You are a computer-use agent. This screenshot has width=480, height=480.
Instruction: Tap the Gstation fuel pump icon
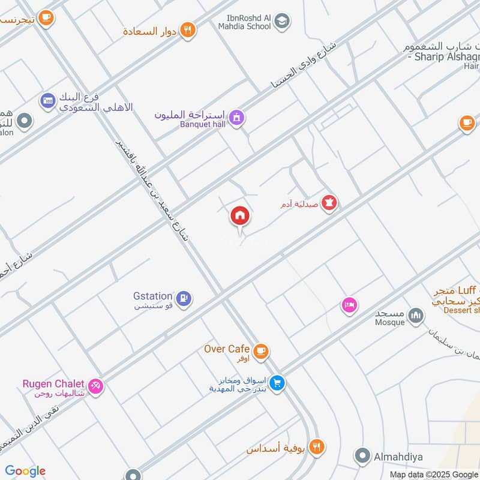pos(184,297)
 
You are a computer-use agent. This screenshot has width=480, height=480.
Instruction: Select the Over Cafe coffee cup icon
pos(260,352)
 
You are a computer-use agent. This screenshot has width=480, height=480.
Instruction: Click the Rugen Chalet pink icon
pos(95,385)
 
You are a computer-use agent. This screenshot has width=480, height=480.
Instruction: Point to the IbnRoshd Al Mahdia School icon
pos(280,22)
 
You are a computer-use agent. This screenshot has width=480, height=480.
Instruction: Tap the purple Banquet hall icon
pos(238,118)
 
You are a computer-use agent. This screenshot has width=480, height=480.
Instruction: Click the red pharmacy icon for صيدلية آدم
pos(329,204)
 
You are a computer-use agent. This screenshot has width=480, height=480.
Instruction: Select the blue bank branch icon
pos(48,101)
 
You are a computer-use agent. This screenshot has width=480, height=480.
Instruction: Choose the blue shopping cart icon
pos(277,382)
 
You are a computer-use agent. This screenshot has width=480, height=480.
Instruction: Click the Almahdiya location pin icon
pos(361,457)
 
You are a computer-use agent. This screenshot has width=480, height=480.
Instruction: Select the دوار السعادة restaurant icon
pos(188,31)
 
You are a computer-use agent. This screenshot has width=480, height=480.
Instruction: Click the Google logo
pos(25,471)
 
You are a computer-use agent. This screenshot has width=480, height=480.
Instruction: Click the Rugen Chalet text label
pos(53,384)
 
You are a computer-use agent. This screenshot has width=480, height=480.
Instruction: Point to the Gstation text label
pos(153,296)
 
